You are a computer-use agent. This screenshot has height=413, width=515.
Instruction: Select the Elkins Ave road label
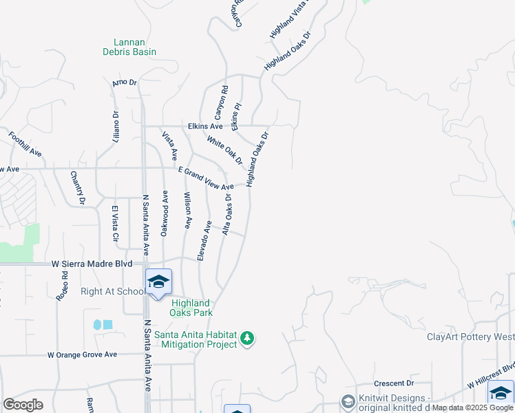[x=205, y=127]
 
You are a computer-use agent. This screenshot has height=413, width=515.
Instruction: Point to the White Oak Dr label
[x=225, y=149]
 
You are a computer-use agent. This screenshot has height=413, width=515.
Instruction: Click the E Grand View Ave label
[x=206, y=178]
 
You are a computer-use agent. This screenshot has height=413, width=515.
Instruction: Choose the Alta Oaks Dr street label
[x=227, y=214]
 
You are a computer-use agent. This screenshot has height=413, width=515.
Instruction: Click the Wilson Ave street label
[x=187, y=211]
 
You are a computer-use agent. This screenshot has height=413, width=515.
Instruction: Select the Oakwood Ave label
[x=165, y=214]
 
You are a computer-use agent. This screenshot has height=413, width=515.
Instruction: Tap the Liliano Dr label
[x=116, y=126]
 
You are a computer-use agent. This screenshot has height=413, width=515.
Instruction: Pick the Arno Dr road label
[x=125, y=83]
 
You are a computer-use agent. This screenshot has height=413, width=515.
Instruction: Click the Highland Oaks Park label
[x=191, y=308]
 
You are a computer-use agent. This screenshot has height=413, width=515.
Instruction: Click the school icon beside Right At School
[x=158, y=282]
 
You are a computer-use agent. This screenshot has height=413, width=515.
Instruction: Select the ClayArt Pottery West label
[x=470, y=337]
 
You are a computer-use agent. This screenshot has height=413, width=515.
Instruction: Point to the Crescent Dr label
[x=393, y=383]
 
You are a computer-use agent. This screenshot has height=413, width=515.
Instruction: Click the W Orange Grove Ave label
[x=82, y=354]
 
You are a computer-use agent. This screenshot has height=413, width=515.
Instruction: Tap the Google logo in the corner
[x=23, y=404]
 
